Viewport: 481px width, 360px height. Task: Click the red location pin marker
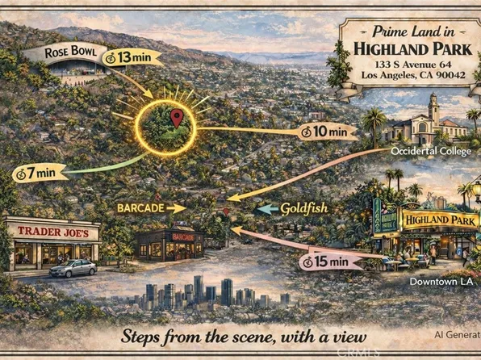177,118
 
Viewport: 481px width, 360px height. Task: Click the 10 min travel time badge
324,131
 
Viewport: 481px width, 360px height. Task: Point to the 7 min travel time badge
34,172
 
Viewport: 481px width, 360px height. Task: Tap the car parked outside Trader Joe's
73,268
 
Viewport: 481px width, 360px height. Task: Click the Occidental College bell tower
433,108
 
